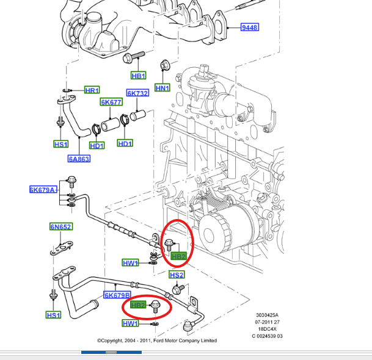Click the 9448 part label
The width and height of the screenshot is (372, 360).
point(249,28)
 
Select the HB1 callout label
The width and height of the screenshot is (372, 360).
point(139,76)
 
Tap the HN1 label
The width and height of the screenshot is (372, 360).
point(162,88)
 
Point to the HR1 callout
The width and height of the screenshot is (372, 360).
point(92,90)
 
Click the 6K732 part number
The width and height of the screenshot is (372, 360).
point(137,93)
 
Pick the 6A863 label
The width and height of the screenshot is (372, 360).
point(79,159)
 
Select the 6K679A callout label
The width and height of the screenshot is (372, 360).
point(42,189)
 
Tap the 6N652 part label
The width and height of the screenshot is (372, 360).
point(60,226)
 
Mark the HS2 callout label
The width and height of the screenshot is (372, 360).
point(177,275)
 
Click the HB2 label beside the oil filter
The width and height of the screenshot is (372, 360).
point(178,256)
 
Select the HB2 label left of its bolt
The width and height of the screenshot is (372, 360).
point(138,304)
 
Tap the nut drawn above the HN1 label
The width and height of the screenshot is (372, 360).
point(164,64)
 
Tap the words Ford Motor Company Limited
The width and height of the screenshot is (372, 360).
point(184,340)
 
